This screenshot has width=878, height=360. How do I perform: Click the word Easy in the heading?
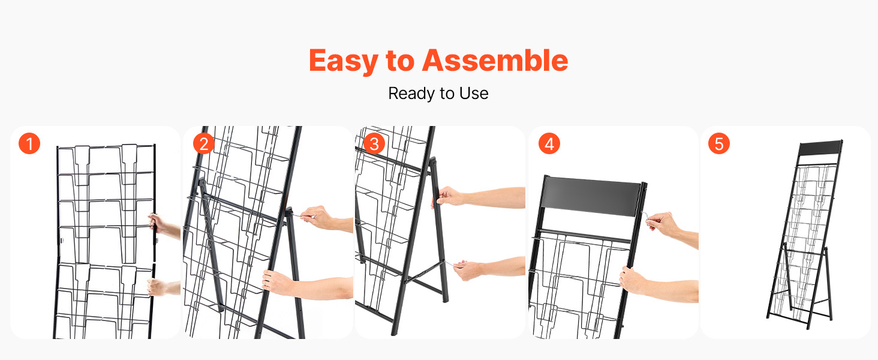pos(344,61)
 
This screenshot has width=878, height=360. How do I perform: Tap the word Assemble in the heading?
pos(495,61)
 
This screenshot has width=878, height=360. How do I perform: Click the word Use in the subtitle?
pos(474,94)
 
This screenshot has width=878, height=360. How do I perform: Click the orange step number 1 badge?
pos(29,143)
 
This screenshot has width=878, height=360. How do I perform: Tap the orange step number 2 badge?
pos(204,143)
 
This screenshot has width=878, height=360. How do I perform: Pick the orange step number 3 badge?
pos(374,143)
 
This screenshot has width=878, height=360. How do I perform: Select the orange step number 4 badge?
pos(549,143)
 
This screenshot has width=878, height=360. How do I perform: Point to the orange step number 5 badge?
pos(719,143)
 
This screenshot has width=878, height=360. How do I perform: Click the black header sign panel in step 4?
pos(591,196)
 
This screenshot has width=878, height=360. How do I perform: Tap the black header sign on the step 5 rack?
pos(820,148)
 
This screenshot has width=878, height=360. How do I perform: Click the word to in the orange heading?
pos(400,61)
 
